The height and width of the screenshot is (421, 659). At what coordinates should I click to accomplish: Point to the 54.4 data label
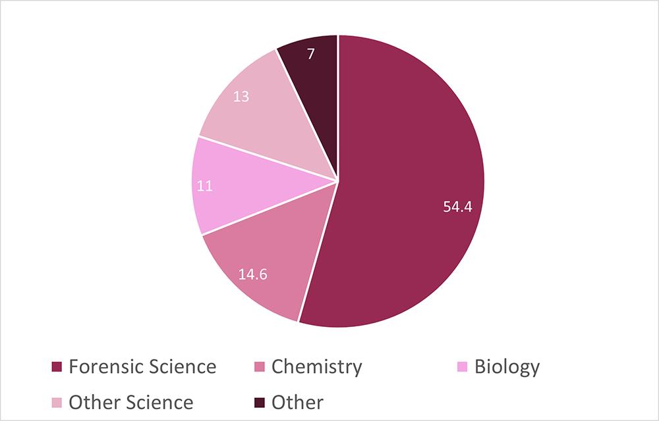[x=458, y=207]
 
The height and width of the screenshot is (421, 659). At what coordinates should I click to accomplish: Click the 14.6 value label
[x=252, y=274]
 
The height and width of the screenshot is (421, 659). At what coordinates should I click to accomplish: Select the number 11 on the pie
[x=205, y=186]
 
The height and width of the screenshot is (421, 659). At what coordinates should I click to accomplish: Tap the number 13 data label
[x=241, y=97]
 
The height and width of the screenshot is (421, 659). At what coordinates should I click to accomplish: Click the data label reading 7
[x=310, y=54]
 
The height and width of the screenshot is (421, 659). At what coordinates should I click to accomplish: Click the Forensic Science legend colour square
[x=57, y=367]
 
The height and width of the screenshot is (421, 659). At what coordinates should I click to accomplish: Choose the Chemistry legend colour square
[x=259, y=367]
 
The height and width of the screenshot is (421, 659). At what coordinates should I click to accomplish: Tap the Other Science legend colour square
[x=57, y=403]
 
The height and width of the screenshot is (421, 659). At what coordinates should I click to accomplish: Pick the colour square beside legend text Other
[x=259, y=403]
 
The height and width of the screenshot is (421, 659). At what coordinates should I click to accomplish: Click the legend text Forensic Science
[x=142, y=367]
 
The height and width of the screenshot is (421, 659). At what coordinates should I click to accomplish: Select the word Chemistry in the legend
[x=316, y=367]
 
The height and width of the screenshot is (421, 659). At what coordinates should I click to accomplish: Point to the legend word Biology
[x=507, y=367]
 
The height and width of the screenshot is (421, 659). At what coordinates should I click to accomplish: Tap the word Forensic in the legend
[x=106, y=367]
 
